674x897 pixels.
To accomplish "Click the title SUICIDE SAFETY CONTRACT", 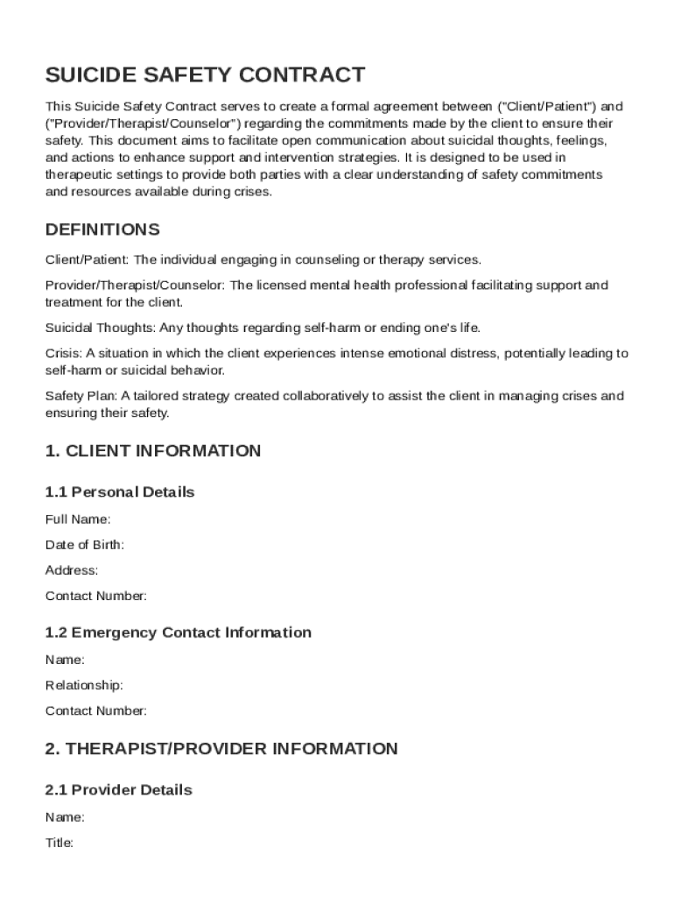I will [x=205, y=74].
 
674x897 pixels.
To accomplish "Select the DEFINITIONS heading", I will [x=102, y=230].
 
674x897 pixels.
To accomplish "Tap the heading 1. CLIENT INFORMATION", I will [x=152, y=451].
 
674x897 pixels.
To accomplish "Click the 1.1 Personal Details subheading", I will [x=120, y=491].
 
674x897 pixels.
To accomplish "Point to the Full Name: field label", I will [x=78, y=519].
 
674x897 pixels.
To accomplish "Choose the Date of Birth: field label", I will [x=84, y=545].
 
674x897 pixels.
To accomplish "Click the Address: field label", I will [x=72, y=570].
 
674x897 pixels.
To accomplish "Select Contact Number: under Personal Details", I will [x=96, y=596].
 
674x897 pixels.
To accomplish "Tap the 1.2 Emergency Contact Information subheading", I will [x=178, y=632].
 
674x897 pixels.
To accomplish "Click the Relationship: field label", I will [x=84, y=685].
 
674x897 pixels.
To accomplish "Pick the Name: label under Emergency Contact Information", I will [x=65, y=660].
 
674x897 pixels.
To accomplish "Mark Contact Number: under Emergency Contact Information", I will [x=96, y=710].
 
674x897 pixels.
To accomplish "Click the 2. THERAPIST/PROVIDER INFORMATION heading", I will [x=221, y=749].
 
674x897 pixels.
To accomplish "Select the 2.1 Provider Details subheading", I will [x=118, y=789].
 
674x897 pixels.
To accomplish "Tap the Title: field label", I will [x=60, y=843].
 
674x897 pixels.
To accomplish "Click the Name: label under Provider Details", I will [x=65, y=817].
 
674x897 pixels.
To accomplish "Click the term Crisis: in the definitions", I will [x=63, y=354].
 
